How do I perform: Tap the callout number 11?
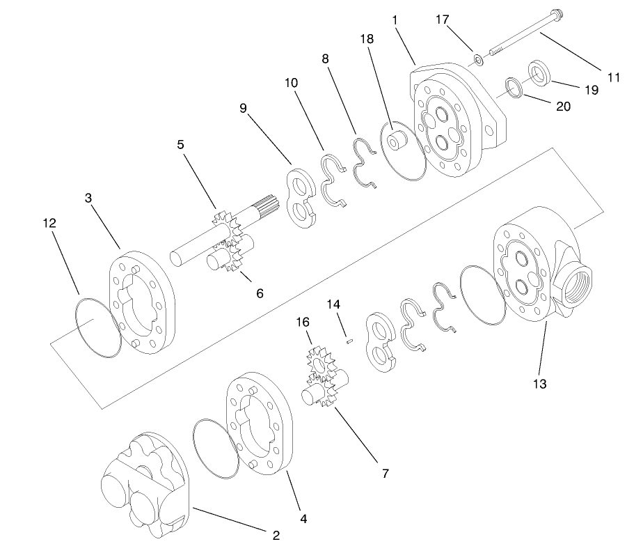[x=612, y=78]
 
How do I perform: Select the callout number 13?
[x=540, y=383]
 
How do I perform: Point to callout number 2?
[x=276, y=535]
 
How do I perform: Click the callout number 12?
[x=49, y=223]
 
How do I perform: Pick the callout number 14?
[x=334, y=305]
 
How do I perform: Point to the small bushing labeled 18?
[x=398, y=141]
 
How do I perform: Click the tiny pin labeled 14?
[x=351, y=340]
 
